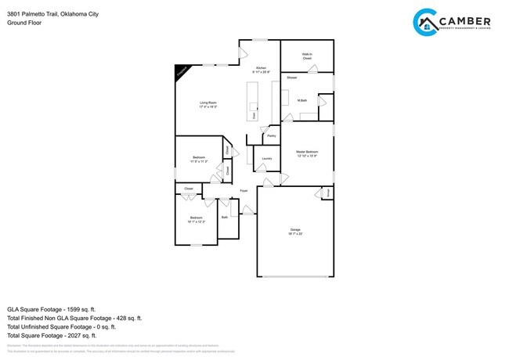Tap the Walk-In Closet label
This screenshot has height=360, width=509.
click(x=307, y=56)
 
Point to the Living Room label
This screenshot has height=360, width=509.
click(x=208, y=104)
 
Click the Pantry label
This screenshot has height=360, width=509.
click(x=271, y=136)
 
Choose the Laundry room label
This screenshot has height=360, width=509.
click(x=266, y=159)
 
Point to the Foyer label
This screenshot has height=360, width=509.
click(x=244, y=190)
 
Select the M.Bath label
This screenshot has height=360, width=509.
click(x=301, y=100)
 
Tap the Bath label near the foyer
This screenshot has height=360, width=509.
click(x=225, y=217)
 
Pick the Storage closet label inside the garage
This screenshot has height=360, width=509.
click(x=328, y=192)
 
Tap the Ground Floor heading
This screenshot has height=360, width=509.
click(x=24, y=23)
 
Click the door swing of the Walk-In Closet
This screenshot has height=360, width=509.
click(x=312, y=69)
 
